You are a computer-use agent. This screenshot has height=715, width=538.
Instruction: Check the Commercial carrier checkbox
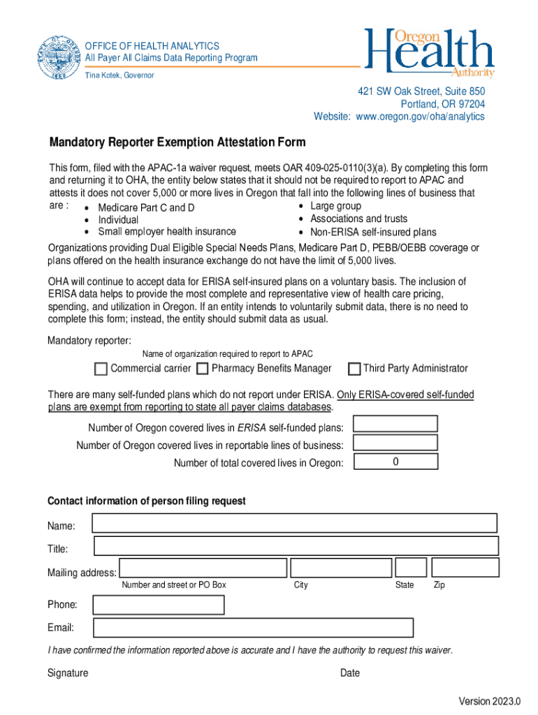coord(101,369)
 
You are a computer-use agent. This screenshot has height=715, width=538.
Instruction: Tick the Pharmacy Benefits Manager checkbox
coord(202,369)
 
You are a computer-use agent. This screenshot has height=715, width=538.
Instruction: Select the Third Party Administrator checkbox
coord(354,369)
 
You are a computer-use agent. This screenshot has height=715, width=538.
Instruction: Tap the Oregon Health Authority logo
coord(429,53)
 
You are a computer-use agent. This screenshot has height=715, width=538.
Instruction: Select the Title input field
coord(296,546)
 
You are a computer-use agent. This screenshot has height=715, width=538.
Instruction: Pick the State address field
coord(410,568)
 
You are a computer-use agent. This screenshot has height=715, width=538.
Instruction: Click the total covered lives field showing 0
coord(395,462)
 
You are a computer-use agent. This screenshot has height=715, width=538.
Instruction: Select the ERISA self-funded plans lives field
coord(395,424)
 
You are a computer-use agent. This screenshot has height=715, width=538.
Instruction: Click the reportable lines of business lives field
coord(395,443)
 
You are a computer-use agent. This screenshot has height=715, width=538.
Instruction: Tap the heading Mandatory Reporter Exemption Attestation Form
coord(177,142)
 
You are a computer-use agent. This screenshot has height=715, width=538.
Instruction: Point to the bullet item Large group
coord(335,206)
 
